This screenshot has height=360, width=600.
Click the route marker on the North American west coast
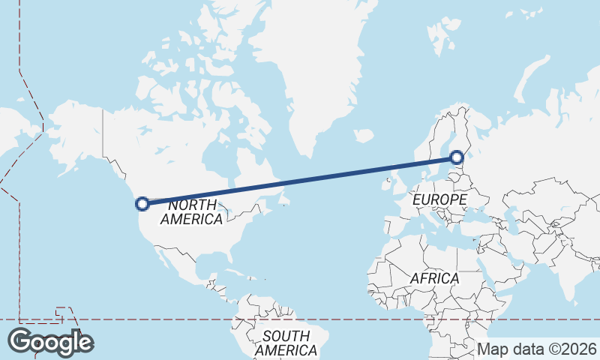click(x=141, y=202)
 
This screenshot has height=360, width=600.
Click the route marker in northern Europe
click(x=457, y=157)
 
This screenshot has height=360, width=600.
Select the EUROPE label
click(x=439, y=200)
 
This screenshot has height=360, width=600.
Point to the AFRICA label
click(x=434, y=278)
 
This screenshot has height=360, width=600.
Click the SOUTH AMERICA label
click(x=286, y=343)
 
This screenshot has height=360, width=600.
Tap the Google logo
click(x=50, y=342)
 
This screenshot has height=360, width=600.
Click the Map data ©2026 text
click(x=537, y=349)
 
